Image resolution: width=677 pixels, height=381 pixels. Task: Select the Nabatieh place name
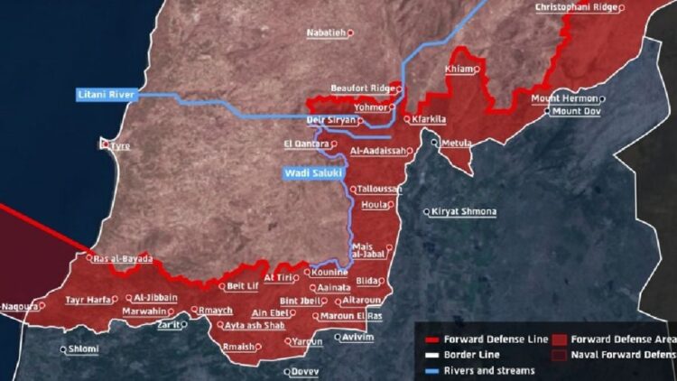click(326, 33)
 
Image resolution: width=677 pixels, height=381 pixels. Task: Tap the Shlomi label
click(84, 348)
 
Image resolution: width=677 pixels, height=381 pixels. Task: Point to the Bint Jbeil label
click(301, 301)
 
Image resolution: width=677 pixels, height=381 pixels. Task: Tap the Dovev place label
click(305, 371)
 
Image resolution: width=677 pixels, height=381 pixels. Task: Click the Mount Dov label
click(577, 111)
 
